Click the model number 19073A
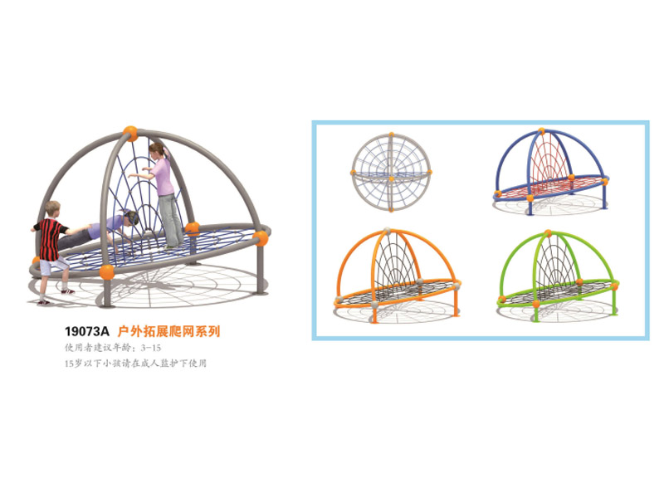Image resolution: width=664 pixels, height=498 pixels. (87, 331)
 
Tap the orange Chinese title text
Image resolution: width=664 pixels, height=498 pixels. (169, 331)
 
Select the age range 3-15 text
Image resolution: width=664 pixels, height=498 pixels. (151, 348)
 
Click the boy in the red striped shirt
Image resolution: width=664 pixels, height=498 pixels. (51, 252)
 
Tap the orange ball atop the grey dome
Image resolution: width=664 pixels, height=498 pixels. (130, 133)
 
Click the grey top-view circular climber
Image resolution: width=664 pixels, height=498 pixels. (391, 173)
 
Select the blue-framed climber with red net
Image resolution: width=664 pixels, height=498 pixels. (550, 172)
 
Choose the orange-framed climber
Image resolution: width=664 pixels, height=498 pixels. (397, 276)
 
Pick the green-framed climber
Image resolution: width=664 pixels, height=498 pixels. (558, 276)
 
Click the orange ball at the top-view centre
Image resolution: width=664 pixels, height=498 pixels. (391, 178)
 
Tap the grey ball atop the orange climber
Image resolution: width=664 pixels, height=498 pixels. (387, 231)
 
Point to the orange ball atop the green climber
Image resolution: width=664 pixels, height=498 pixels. (549, 232)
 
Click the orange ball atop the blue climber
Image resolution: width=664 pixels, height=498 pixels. (541, 130)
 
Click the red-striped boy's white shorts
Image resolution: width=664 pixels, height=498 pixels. (53, 266)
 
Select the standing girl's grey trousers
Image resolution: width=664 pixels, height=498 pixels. (170, 219)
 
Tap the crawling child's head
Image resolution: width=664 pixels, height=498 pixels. (130, 217)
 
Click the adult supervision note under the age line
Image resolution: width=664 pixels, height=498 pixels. (135, 363)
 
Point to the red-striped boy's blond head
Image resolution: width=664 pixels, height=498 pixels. (52, 209)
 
